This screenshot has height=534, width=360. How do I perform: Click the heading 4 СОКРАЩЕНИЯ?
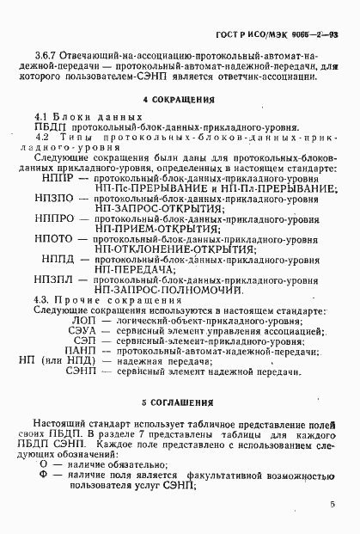(x=179, y=99)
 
